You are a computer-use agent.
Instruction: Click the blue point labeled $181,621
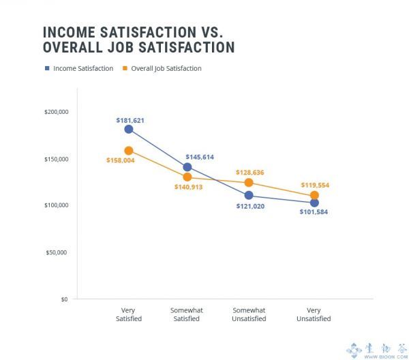click(x=129, y=130)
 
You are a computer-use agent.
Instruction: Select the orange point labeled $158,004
click(x=129, y=151)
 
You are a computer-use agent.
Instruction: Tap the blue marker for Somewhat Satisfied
click(x=187, y=167)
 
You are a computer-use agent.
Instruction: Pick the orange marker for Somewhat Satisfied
click(x=187, y=177)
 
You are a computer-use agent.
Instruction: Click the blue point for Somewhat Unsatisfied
click(x=249, y=196)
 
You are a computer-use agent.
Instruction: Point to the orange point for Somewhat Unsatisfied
click(x=249, y=183)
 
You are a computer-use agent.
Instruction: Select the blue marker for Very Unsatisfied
click(x=314, y=202)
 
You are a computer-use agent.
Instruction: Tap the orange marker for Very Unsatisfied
click(x=314, y=195)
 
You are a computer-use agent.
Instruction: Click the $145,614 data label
click(x=200, y=157)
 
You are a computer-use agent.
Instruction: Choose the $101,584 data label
click(x=314, y=213)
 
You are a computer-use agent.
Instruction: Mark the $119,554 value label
click(x=314, y=185)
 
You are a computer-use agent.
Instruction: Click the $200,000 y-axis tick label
click(x=56, y=112)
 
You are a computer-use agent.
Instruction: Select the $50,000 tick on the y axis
click(x=58, y=252)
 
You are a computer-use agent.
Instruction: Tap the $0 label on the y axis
click(x=64, y=299)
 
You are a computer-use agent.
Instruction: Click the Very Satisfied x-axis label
click(x=127, y=314)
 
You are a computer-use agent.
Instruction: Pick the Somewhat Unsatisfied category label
click(x=249, y=314)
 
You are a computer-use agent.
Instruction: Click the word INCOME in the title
click(x=72, y=33)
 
